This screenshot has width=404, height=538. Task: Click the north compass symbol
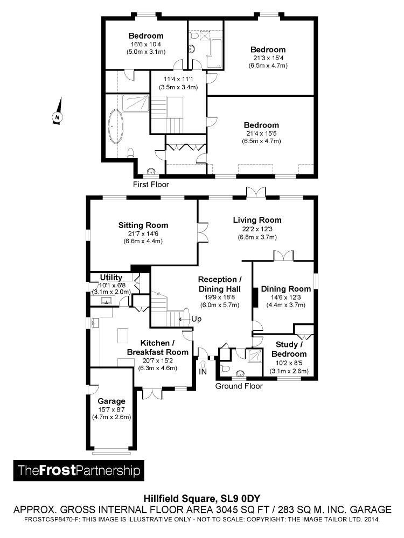point(58,115)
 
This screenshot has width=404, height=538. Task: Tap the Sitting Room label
point(143,225)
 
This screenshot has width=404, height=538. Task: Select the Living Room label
point(257,220)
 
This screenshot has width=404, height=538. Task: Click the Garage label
point(112,401)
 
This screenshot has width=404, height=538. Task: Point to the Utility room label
point(112,277)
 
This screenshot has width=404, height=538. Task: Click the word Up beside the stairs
point(196,318)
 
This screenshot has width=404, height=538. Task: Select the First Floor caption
point(151,185)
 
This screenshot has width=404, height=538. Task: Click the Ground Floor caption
point(239,386)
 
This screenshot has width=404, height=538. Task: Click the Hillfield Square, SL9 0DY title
point(202,498)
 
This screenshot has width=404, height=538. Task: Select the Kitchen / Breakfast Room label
point(157,348)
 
